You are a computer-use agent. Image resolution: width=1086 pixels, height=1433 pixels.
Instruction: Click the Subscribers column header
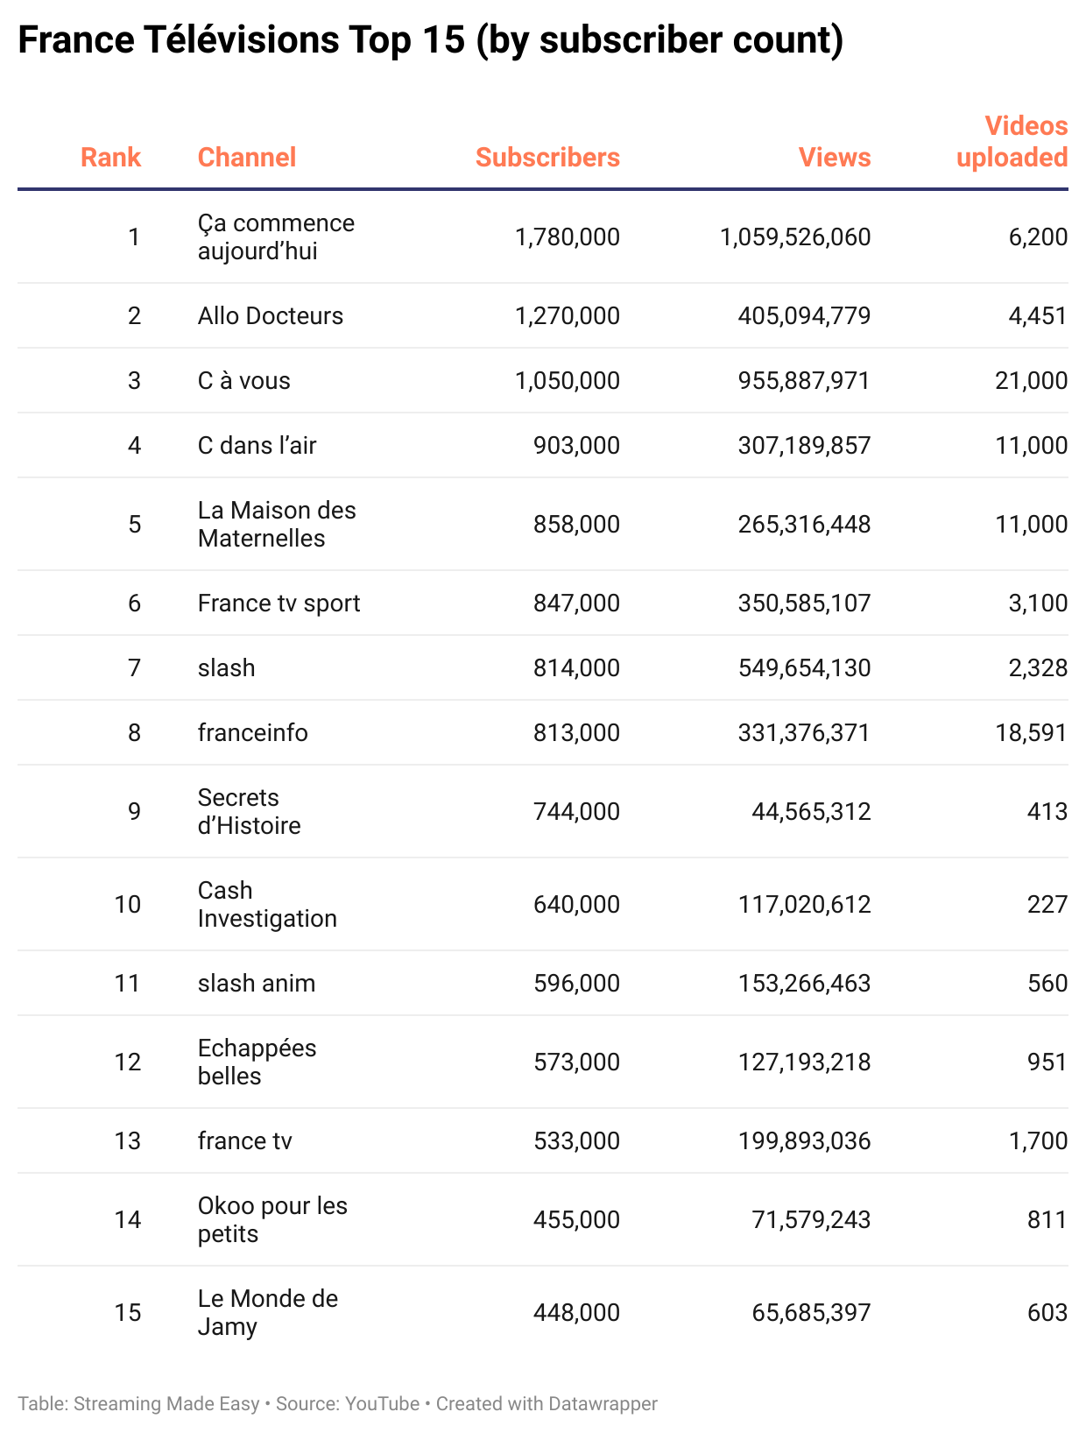[x=547, y=158]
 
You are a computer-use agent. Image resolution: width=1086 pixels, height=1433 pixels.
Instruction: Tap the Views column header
[x=835, y=158]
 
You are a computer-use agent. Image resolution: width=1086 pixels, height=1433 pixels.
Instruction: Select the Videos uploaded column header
[x=1012, y=142]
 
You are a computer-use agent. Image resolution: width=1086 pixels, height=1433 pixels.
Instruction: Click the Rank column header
[x=110, y=158]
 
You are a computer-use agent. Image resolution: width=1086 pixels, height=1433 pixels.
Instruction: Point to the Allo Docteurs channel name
[x=270, y=316]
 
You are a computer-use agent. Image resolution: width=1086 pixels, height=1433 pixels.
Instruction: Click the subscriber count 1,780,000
[x=568, y=237]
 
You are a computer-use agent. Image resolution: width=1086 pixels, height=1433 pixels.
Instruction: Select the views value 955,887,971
[x=804, y=381]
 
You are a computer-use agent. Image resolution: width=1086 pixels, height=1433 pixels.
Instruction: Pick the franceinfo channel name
[x=252, y=733]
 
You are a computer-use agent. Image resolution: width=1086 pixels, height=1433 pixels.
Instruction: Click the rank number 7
[x=134, y=668]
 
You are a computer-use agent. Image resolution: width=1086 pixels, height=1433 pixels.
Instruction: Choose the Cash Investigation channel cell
[x=266, y=905]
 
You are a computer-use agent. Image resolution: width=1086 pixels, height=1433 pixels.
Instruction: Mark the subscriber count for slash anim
[x=576, y=984]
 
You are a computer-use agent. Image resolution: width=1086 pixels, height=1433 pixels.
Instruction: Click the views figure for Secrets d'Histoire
[x=811, y=812]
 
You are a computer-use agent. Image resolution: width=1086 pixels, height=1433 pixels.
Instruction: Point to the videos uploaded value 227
[x=1047, y=905]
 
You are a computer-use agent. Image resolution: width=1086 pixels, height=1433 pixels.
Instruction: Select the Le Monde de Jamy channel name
[x=267, y=1313]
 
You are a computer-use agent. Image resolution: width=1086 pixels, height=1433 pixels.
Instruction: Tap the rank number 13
[x=128, y=1141]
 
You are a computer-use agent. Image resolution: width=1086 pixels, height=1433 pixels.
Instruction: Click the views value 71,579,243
[x=811, y=1220]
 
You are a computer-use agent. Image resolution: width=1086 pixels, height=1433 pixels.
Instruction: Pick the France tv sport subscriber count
[x=576, y=604]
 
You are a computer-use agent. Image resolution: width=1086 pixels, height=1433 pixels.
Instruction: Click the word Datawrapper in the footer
[x=603, y=1404]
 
